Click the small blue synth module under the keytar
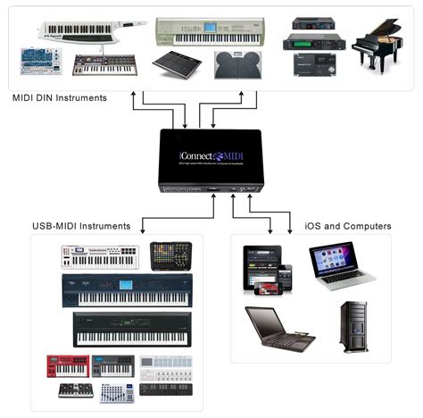pos(40,60)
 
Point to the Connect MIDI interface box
pos(210,161)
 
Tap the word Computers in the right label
pos(368,226)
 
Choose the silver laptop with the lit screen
pos(335,265)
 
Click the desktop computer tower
pos(354,325)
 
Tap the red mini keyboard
pos(68,365)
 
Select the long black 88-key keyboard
pos(132,329)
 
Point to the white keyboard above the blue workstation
pos(100,256)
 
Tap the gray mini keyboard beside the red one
pos(113,365)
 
